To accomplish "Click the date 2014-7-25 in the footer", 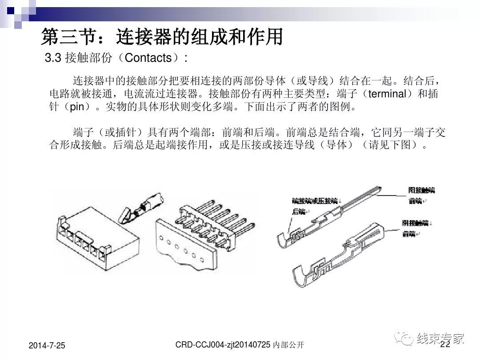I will [47, 345].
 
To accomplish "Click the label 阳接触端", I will [421, 190].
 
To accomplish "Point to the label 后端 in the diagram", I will [299, 212].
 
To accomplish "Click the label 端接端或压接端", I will [315, 201].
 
